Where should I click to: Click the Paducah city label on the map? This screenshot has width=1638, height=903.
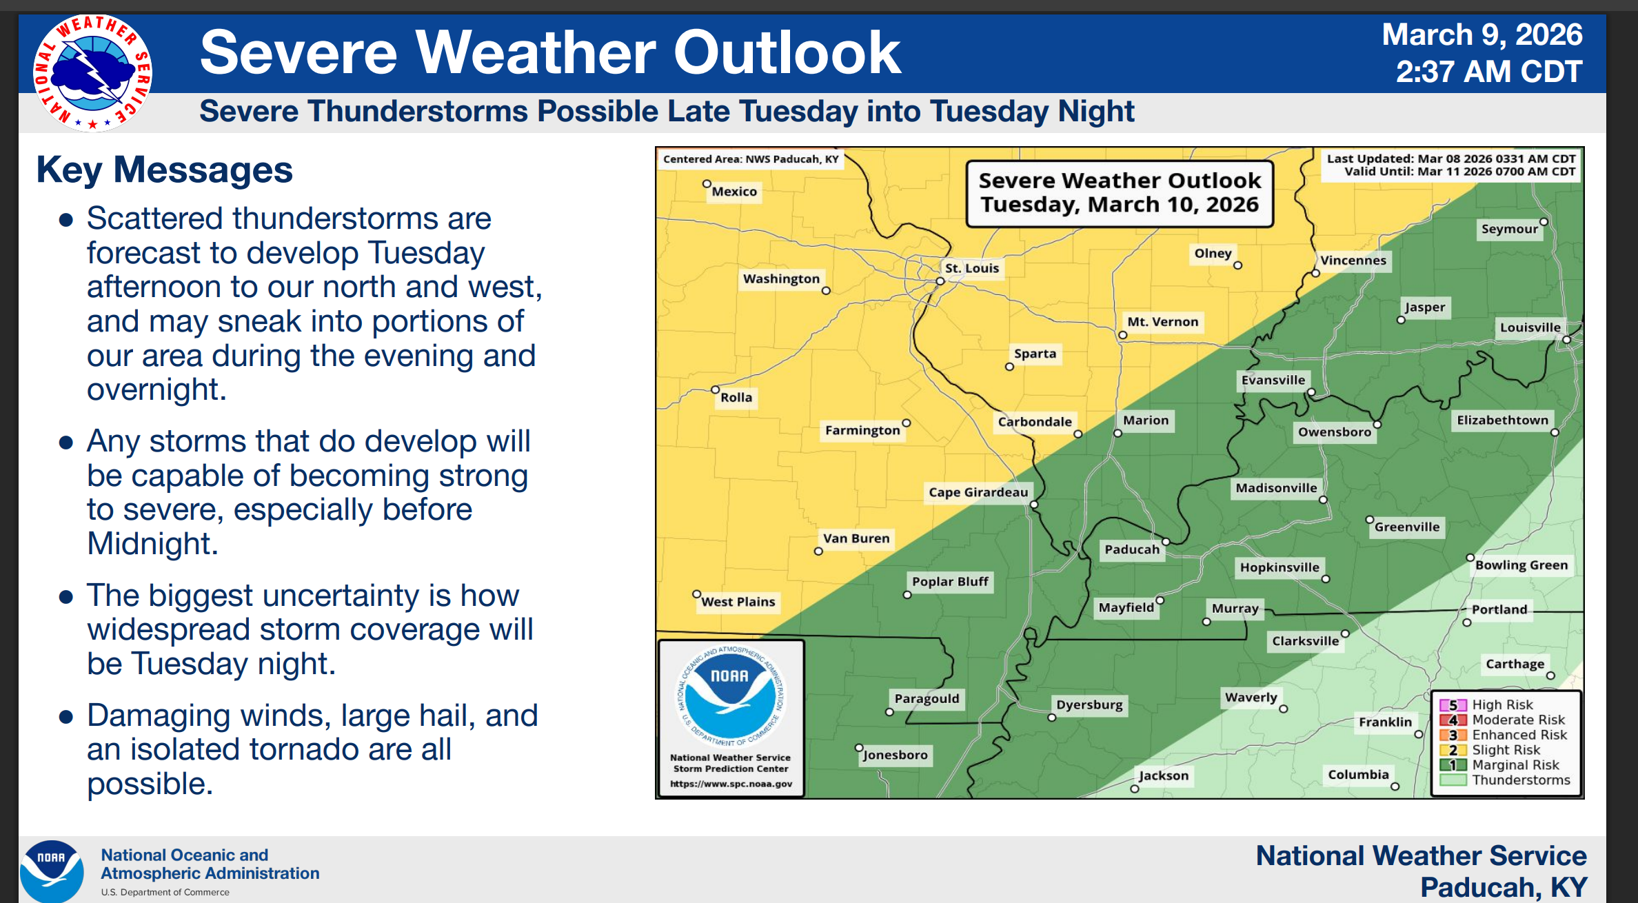click(1132, 549)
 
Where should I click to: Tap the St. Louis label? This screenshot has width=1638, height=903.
click(971, 268)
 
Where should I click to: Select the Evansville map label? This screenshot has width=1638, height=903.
click(1273, 380)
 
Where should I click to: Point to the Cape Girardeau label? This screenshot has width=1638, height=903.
click(978, 492)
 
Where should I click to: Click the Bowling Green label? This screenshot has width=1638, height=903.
click(1521, 565)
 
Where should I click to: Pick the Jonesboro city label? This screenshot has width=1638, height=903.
click(896, 755)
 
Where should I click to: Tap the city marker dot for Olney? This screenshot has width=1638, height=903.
click(1237, 265)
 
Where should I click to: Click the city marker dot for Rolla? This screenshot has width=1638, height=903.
click(716, 389)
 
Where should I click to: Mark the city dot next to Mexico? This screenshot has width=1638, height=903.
click(707, 184)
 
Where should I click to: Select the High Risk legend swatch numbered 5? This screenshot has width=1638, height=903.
click(1453, 705)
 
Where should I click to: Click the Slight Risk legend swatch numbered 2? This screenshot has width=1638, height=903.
click(1453, 750)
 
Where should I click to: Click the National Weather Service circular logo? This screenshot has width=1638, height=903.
click(92, 73)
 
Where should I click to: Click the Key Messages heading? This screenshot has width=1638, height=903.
click(165, 170)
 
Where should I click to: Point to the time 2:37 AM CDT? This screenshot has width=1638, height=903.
click(1489, 72)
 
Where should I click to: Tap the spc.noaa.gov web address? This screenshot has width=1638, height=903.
click(731, 784)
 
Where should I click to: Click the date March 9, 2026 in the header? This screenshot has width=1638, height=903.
click(1482, 34)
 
